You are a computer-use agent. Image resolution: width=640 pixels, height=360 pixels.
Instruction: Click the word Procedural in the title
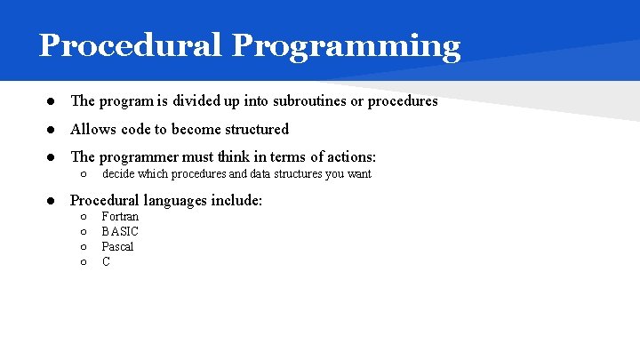point(130,45)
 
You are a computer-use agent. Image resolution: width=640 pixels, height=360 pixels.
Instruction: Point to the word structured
point(252,129)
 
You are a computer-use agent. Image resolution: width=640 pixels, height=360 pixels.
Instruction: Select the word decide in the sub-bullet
point(118,174)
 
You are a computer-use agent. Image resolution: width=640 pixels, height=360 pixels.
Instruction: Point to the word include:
point(237,200)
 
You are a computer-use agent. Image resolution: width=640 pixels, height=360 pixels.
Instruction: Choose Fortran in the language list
point(120,217)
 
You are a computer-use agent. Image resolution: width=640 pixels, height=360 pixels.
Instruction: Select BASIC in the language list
point(120,232)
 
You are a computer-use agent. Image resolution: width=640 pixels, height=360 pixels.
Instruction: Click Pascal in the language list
point(117,247)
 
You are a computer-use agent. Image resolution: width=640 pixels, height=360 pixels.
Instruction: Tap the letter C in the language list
point(106,262)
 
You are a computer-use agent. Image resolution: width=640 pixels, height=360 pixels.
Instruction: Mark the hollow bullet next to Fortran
point(82,217)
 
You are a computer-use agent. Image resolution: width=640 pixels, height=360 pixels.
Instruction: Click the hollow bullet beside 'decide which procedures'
point(82,174)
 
